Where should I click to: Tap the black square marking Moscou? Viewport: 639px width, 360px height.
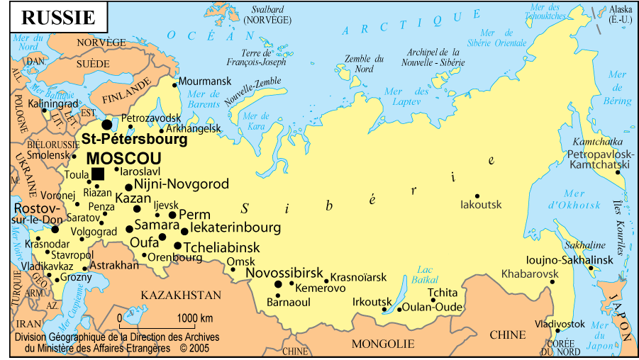click(98, 174)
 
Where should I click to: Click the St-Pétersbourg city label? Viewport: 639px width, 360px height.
click(134, 140)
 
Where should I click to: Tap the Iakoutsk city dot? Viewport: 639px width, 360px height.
click(477, 196)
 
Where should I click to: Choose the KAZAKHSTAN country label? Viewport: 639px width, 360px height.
click(180, 295)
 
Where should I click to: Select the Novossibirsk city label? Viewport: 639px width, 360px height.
click(284, 273)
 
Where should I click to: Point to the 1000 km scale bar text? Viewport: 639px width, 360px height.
click(195, 317)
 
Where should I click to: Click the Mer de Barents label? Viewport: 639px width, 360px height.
click(204, 100)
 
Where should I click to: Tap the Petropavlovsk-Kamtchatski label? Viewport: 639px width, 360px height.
click(599, 159)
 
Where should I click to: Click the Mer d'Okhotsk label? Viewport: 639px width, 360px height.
click(565, 200)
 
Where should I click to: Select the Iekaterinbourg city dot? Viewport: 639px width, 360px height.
click(185, 231)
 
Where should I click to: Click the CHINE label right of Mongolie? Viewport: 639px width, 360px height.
click(508, 334)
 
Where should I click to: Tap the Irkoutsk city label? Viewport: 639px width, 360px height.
click(372, 301)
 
